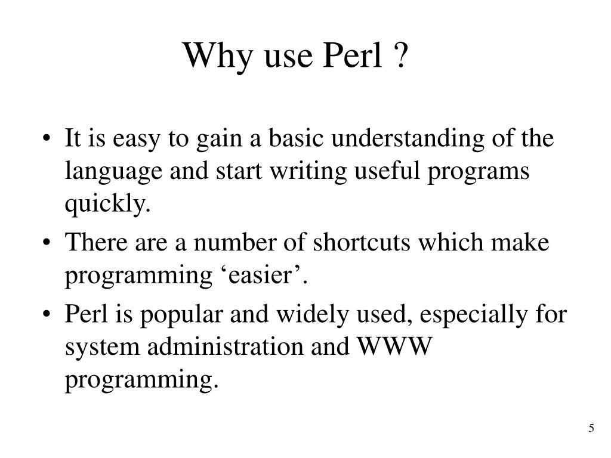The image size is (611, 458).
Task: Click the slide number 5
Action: tap(591, 428)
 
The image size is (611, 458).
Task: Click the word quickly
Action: tap(107, 205)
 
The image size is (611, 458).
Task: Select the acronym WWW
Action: tap(394, 347)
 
